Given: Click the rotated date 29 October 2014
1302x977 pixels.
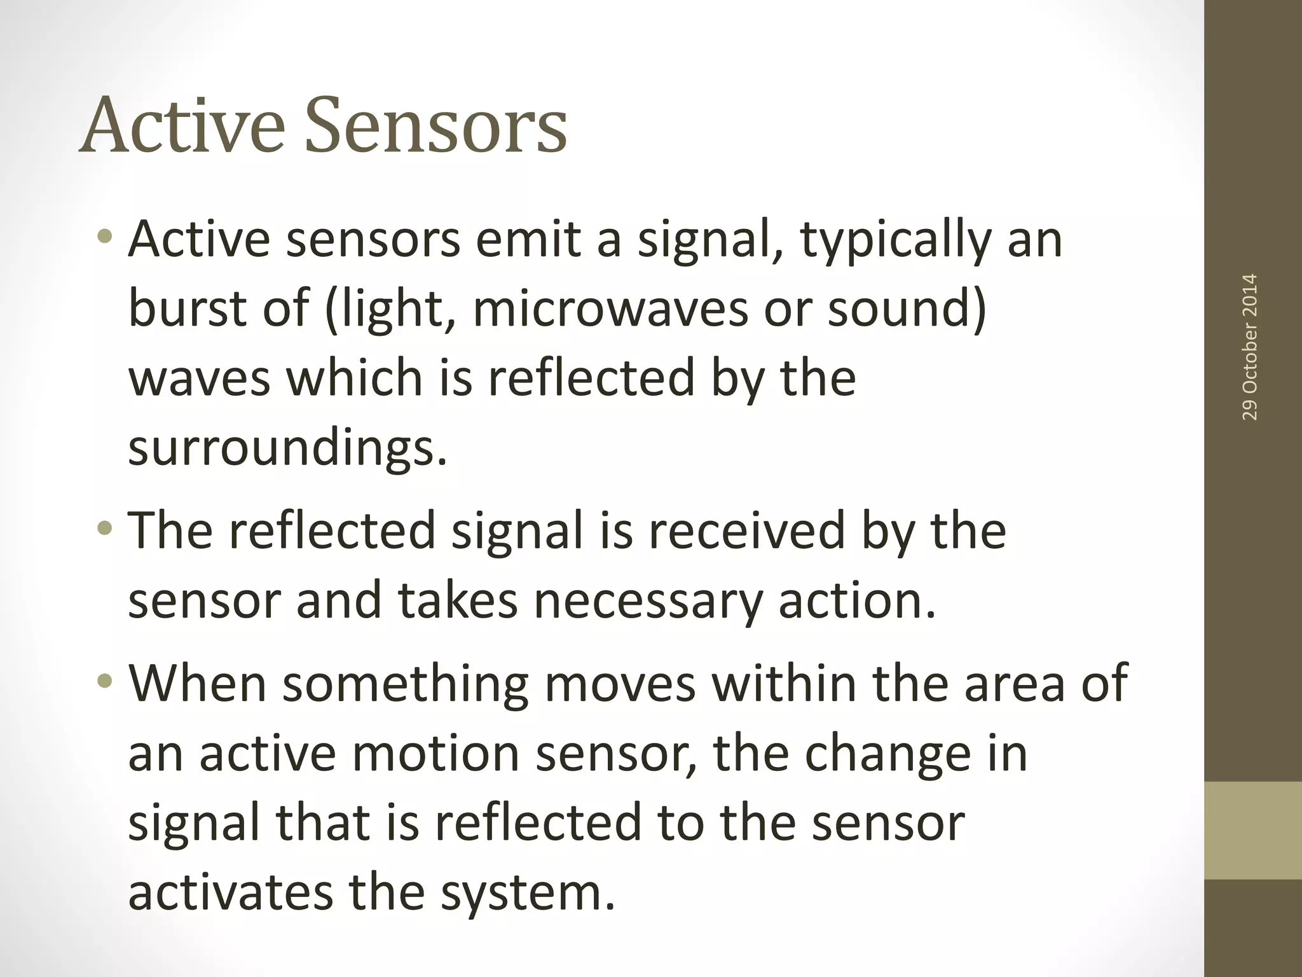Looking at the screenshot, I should (1249, 347).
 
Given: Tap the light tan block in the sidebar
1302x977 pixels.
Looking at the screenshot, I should (1252, 831).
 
